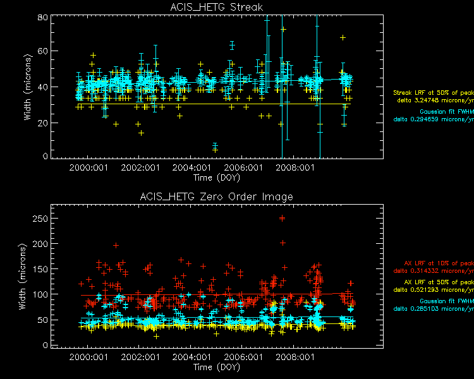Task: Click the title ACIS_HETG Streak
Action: click(217, 7)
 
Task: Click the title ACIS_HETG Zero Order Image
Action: click(217, 197)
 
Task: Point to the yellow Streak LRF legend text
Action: click(433, 93)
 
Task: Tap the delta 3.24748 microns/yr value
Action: click(435, 100)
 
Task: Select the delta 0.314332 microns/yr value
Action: click(434, 271)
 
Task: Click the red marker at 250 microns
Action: click(282, 219)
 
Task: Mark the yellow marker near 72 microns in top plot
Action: click(284, 30)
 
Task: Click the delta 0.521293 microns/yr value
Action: click(434, 289)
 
